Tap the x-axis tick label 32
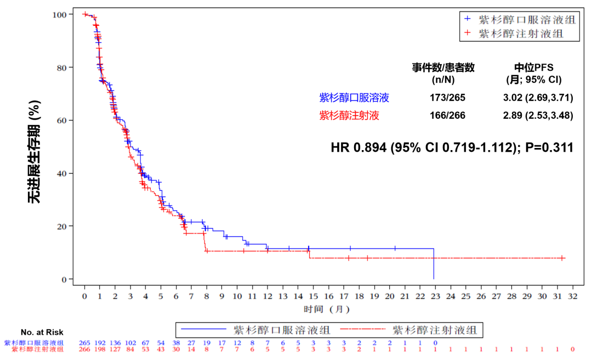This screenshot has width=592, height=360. coord(573,296)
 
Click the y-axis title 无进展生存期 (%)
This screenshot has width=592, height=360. coord(35,151)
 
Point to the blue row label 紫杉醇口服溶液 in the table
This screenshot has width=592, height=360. coord(354,98)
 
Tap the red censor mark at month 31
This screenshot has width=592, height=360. coord(562,258)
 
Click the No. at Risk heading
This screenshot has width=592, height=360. coord(42,332)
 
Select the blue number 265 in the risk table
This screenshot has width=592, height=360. coord(84,343)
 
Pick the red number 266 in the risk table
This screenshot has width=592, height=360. coord(84,349)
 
